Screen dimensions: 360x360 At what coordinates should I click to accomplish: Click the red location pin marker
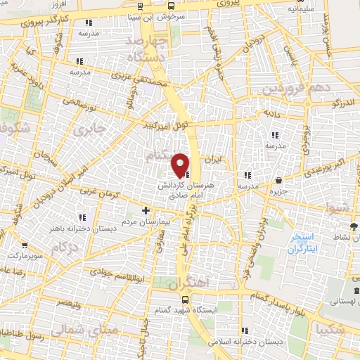[x=180, y=165]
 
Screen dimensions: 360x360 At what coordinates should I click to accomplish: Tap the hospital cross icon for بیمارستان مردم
[x=146, y=210]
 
